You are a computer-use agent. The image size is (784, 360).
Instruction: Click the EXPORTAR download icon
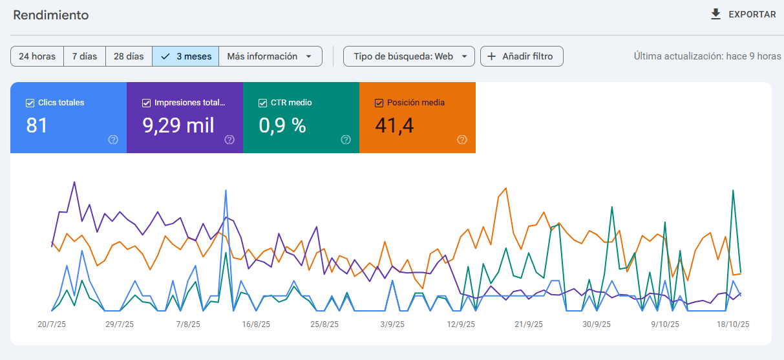[x=715, y=14]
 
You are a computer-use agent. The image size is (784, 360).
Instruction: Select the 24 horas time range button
[x=37, y=56]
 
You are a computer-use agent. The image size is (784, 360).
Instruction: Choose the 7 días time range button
[x=85, y=56]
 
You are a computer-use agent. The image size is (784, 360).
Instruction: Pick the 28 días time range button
[x=129, y=56]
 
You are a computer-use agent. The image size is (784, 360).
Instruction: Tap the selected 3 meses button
[x=185, y=56]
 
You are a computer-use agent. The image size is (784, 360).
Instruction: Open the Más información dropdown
[x=270, y=56]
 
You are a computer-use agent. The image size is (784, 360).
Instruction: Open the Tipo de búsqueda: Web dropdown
[x=408, y=56]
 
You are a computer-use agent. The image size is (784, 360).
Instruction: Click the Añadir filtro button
[x=522, y=56]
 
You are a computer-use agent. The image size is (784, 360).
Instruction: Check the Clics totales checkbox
[x=30, y=103]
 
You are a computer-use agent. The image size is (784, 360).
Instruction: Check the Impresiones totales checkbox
[x=146, y=103]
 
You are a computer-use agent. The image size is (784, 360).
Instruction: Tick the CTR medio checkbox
[x=262, y=103]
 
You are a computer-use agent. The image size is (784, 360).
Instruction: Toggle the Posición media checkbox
[x=379, y=103]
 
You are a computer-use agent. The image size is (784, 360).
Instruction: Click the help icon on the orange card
[x=462, y=140]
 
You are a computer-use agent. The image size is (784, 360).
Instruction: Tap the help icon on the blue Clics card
[x=113, y=140]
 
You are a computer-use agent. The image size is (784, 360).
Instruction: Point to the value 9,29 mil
[x=178, y=125]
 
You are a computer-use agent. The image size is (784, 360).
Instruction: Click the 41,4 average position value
[x=394, y=125]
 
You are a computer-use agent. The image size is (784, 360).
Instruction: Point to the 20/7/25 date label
[x=52, y=324]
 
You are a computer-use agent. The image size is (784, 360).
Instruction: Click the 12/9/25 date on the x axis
[x=461, y=324]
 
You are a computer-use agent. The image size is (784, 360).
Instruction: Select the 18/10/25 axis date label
[x=733, y=324]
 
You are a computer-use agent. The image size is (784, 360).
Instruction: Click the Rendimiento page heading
[x=51, y=15]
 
